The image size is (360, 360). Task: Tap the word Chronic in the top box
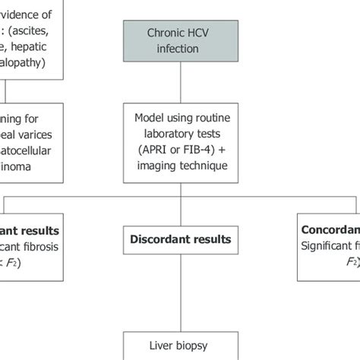166,34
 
